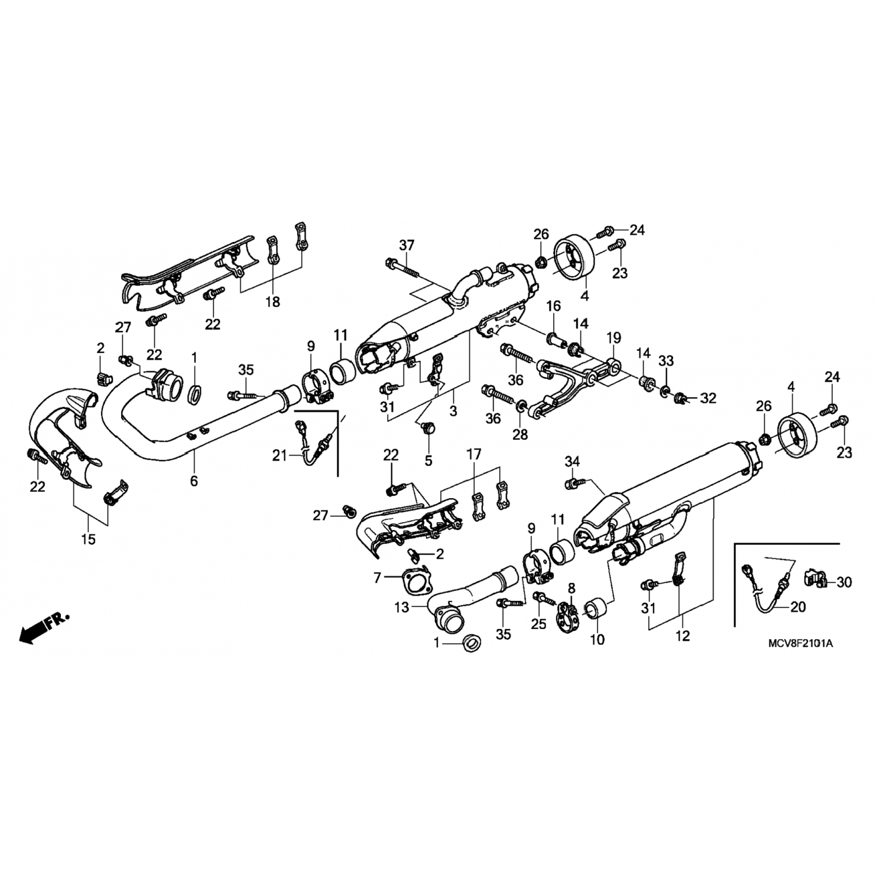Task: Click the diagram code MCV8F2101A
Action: click(800, 644)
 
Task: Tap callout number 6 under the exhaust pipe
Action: click(194, 481)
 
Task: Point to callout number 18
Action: click(272, 302)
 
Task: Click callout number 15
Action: click(88, 538)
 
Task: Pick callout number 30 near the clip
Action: click(844, 582)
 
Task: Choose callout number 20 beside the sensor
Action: click(797, 607)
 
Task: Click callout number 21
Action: click(279, 454)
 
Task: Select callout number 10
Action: click(597, 640)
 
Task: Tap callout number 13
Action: click(402, 607)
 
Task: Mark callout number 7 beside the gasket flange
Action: click(377, 578)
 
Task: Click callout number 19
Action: click(613, 337)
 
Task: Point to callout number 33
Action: click(666, 362)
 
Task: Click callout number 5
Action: click(428, 461)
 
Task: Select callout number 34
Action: click(572, 461)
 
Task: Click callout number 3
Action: click(453, 411)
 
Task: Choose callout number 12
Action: click(682, 636)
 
